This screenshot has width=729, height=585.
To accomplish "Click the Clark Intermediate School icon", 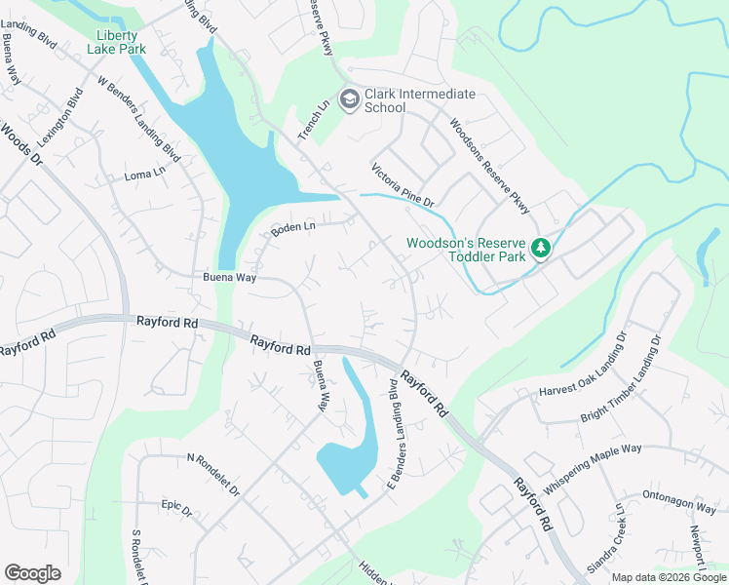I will coord(348,98).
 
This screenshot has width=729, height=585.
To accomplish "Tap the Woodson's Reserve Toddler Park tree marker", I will coord(542,251).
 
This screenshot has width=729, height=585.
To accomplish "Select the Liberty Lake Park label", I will coord(119,42).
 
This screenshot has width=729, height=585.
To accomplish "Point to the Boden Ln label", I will coord(293,227).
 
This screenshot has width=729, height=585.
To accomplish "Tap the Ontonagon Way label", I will coord(679,503).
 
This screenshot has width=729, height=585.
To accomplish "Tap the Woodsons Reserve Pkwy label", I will coord(489,167).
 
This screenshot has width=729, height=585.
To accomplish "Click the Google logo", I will coord(32,573).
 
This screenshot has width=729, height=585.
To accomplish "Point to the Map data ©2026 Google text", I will coord(669,577).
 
